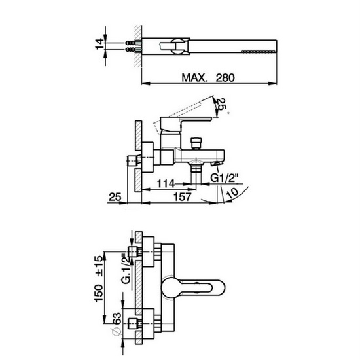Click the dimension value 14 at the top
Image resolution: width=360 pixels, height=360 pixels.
99,45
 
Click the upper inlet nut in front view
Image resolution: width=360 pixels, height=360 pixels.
134,253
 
